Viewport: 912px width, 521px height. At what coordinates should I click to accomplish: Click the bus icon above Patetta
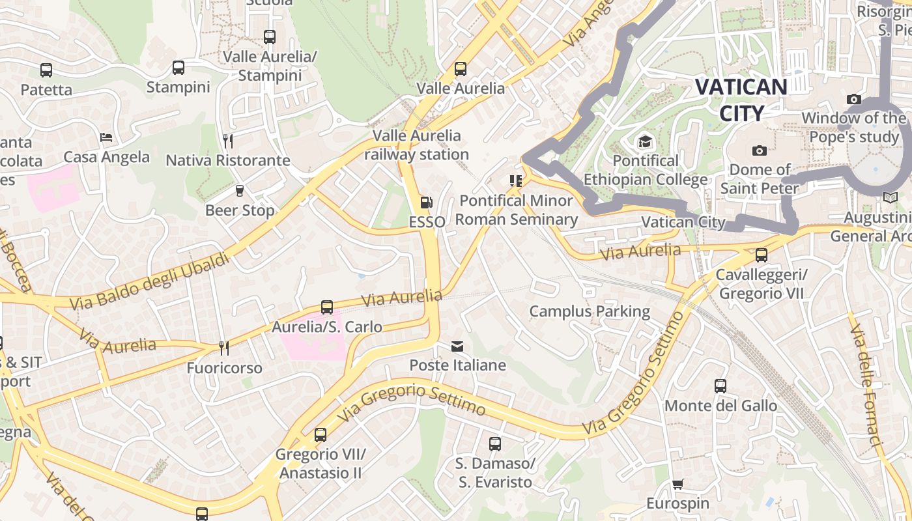[46, 70]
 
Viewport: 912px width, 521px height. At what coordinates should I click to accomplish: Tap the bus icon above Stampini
[178, 67]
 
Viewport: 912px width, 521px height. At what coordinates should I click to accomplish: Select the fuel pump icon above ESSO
[426, 203]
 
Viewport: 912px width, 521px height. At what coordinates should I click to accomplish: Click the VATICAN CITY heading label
[741, 100]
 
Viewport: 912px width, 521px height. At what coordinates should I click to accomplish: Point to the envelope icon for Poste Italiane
[457, 346]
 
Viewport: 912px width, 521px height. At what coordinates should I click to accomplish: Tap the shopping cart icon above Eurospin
[678, 484]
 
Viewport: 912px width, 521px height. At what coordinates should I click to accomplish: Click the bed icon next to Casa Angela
[106, 137]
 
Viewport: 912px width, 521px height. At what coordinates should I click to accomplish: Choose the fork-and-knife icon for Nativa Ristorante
[227, 141]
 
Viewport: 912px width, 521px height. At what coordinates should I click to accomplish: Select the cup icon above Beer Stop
[239, 191]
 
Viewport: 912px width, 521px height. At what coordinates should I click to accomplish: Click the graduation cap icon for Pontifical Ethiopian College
[645, 141]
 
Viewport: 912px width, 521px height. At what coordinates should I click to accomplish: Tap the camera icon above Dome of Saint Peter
[759, 150]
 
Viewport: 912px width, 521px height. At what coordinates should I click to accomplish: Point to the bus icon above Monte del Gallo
[720, 386]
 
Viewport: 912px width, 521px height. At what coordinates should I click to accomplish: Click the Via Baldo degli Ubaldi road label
[149, 281]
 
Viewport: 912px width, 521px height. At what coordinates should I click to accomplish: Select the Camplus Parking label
[590, 311]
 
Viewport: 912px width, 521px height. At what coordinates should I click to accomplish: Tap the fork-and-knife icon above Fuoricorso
[223, 348]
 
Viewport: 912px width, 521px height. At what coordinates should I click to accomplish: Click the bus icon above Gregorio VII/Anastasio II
[320, 434]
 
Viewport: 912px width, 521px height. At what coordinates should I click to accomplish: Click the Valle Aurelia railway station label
[416, 145]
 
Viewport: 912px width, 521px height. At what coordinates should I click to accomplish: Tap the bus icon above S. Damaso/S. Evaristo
[494, 444]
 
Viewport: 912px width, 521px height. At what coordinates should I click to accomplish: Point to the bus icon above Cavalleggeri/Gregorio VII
[761, 255]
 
